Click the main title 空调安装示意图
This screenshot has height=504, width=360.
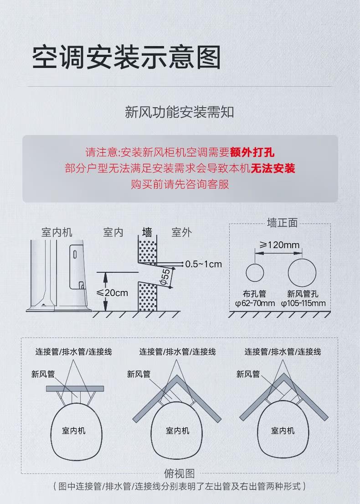click(x=127, y=57)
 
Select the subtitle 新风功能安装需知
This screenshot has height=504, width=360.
click(x=180, y=112)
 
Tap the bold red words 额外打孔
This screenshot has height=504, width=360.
click(x=252, y=152)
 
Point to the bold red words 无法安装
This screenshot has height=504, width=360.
click(x=273, y=168)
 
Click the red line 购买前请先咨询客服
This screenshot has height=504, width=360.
click(x=180, y=184)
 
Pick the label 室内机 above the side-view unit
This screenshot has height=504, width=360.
click(x=57, y=232)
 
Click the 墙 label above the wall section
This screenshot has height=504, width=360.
click(x=147, y=232)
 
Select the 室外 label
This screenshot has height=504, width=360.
click(x=181, y=232)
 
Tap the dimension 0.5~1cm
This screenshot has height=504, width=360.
click(x=203, y=264)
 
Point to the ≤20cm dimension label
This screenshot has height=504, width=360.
click(x=112, y=292)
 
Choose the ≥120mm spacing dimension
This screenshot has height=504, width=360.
click(x=279, y=245)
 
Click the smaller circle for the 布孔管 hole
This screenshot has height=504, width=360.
click(x=255, y=273)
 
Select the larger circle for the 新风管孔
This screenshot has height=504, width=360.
click(x=302, y=273)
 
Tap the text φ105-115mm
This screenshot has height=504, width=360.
click(x=303, y=303)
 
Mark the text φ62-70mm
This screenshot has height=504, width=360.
click(x=255, y=303)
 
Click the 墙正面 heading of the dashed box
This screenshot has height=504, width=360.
click(x=282, y=223)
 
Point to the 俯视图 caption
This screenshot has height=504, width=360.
click(x=180, y=473)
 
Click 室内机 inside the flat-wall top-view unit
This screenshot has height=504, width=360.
click(x=74, y=431)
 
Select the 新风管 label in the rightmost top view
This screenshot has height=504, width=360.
click(x=248, y=374)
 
